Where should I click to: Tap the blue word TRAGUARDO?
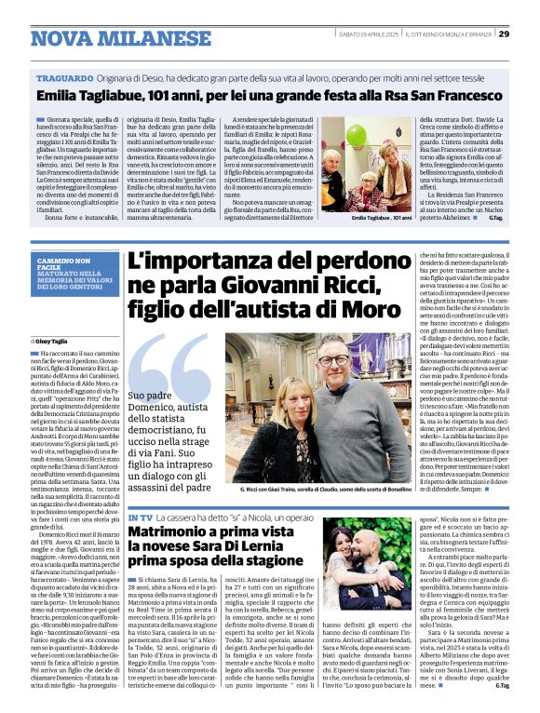[x=65, y=79]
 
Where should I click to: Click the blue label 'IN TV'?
[x=141, y=516]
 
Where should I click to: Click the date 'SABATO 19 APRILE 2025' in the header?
[x=370, y=34]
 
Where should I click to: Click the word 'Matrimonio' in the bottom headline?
[x=169, y=530]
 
